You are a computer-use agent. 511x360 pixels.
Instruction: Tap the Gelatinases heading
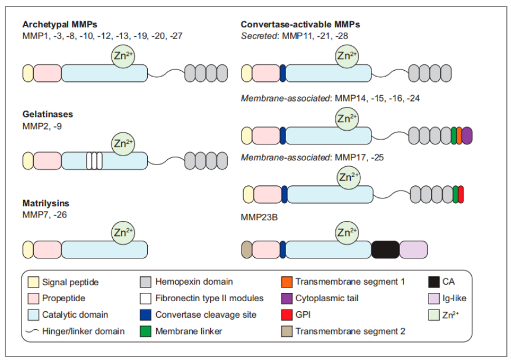(47, 114)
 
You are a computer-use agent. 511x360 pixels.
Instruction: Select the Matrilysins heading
(46, 204)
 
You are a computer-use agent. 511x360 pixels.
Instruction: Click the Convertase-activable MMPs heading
(300, 24)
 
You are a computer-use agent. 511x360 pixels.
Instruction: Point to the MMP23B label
(260, 217)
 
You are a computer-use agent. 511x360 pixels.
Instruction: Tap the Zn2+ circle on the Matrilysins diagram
(123, 233)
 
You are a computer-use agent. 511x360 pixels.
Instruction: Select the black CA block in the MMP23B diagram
(385, 250)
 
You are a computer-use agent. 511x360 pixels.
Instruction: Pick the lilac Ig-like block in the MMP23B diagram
(414, 250)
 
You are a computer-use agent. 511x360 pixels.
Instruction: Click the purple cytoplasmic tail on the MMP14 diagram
(467, 136)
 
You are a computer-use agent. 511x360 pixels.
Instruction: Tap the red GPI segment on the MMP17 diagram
(461, 194)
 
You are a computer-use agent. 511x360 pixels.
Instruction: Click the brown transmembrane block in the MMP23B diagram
(247, 250)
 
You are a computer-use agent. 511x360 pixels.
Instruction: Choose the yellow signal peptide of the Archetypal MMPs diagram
(27, 72)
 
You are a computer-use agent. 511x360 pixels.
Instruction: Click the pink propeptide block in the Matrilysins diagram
(47, 250)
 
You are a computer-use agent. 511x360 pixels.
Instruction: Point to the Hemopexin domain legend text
(193, 282)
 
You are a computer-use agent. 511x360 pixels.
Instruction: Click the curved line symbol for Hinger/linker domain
(33, 331)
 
